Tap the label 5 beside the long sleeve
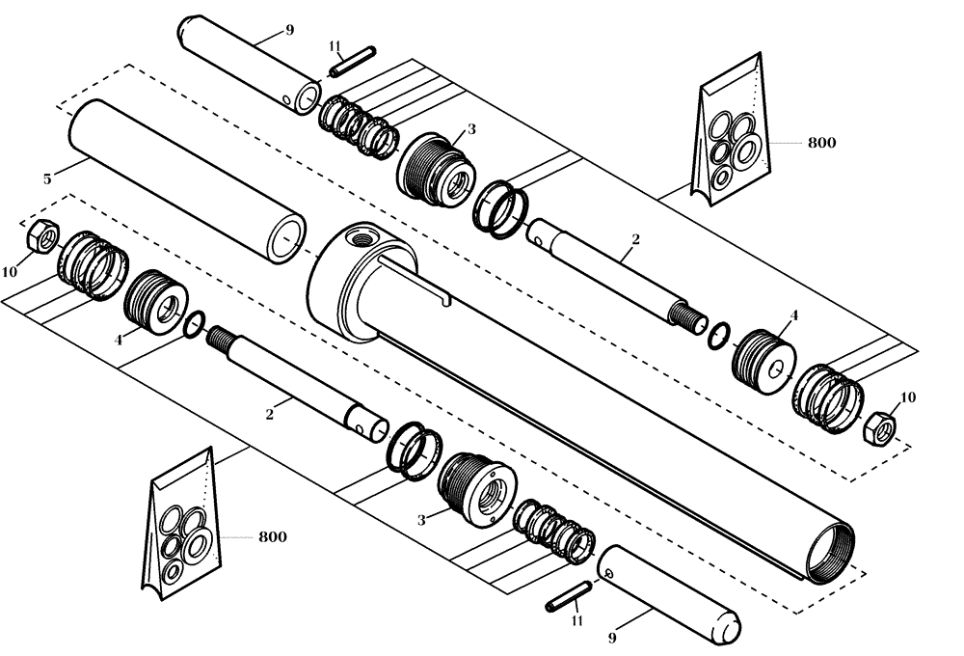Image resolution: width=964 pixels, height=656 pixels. (46, 178)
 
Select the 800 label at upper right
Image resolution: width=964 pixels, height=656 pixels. (821, 143)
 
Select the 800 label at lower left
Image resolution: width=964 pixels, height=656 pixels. (272, 536)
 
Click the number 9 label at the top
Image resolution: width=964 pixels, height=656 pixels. (288, 31)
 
